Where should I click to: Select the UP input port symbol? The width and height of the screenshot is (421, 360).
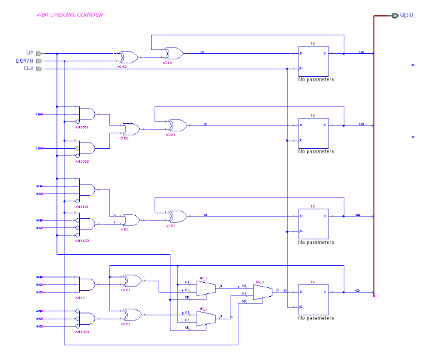pyautogui.click(x=39, y=53)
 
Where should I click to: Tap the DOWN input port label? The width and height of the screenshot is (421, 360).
pyautogui.click(x=24, y=61)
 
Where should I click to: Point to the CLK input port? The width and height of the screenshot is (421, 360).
pyautogui.click(x=39, y=69)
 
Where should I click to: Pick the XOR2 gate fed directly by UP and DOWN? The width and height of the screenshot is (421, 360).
pyautogui.click(x=127, y=57)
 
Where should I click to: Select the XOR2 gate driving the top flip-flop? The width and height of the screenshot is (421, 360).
pyautogui.click(x=175, y=53)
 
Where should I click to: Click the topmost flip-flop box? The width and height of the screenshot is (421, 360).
pyautogui.click(x=313, y=61)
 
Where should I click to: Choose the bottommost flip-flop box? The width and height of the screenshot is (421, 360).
pyautogui.click(x=313, y=299)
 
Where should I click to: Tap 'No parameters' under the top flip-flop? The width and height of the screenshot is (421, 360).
pyautogui.click(x=316, y=79)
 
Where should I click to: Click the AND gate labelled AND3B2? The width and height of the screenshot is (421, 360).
pyautogui.click(x=86, y=147)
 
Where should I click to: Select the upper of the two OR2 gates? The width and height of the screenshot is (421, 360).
pyautogui.click(x=129, y=129)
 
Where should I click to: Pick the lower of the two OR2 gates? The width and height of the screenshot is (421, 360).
pyautogui.click(x=129, y=220)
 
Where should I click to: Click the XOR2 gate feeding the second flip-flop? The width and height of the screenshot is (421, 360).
pyautogui.click(x=177, y=125)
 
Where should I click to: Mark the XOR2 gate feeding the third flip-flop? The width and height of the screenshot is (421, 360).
pyautogui.click(x=177, y=216)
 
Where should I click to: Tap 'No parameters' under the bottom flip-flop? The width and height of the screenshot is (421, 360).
pyautogui.click(x=316, y=316)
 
